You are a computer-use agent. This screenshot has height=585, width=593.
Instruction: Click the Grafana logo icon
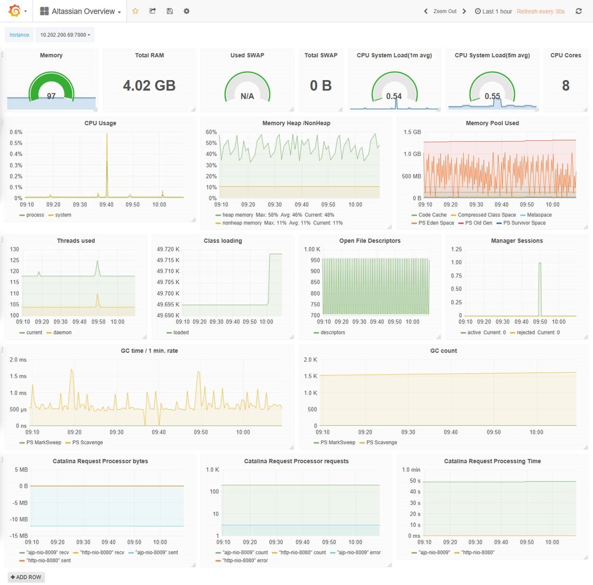15,11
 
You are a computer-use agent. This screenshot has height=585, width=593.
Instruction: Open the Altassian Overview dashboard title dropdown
81,11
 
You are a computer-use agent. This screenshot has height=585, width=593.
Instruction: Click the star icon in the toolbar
135,11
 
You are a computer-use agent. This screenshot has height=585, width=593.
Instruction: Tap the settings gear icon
187,11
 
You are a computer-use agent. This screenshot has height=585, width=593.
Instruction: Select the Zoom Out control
445,11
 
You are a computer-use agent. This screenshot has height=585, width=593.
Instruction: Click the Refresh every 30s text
540,11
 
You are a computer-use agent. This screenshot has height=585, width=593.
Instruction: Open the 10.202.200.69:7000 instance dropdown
65,35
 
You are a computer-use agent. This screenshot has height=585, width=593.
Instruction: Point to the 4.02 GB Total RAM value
149,86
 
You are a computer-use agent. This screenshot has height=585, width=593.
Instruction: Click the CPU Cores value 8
566,86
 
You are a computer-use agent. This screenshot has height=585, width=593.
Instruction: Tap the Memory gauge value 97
51,96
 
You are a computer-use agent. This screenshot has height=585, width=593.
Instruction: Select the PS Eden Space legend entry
436,223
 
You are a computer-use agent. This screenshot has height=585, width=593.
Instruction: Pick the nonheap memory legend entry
242,223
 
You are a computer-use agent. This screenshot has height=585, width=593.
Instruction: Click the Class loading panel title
223,241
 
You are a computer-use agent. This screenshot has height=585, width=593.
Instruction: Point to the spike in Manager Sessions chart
539,284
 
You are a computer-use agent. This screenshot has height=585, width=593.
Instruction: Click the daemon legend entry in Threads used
62,333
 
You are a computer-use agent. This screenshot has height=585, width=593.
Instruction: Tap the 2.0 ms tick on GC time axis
18,360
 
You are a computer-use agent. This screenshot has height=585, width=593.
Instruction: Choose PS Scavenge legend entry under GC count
381,442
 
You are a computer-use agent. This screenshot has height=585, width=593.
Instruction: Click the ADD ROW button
26,577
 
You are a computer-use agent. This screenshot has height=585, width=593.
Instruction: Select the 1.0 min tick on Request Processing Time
411,470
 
